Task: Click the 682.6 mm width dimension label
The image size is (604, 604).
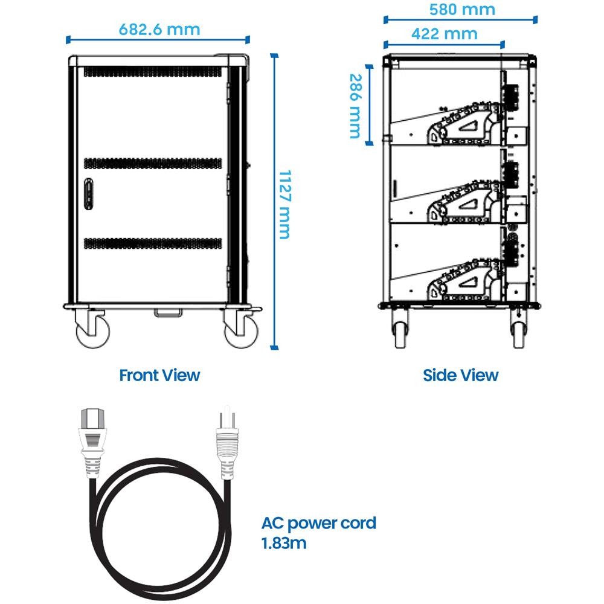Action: (x=159, y=29)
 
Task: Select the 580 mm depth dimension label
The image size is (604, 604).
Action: (x=462, y=9)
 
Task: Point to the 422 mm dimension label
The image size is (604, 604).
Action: (x=444, y=33)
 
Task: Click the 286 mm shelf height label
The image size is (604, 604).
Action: (x=355, y=106)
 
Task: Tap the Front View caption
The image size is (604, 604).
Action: (x=159, y=375)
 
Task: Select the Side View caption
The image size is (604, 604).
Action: (x=461, y=375)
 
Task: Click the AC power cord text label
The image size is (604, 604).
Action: (x=319, y=522)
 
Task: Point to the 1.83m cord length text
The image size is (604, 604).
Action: (x=284, y=543)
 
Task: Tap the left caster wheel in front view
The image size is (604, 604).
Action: (x=93, y=332)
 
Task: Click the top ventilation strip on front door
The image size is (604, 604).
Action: (x=153, y=71)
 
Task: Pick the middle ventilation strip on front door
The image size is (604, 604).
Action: (x=153, y=162)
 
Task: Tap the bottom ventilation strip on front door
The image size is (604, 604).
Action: (x=153, y=243)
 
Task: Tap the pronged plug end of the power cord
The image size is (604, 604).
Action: (x=227, y=438)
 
